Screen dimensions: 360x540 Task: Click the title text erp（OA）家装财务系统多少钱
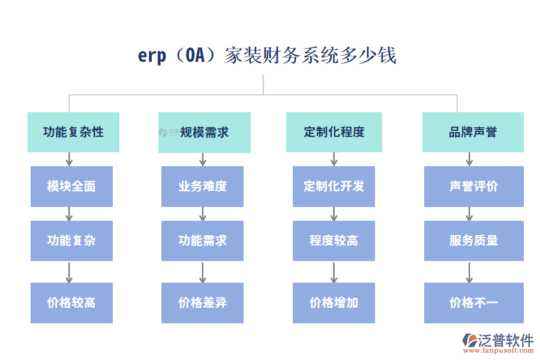point(267,56)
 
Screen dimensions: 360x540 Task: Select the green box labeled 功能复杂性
point(73,132)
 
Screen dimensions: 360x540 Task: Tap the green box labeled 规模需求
point(204,132)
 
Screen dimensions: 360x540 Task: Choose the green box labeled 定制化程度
point(334,132)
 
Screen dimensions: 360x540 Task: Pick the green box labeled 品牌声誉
point(473,132)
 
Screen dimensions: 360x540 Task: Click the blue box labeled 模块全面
point(71,187)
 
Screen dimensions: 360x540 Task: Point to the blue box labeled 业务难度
point(202,187)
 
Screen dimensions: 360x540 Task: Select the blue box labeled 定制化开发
point(334,187)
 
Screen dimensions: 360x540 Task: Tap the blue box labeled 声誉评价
point(473,187)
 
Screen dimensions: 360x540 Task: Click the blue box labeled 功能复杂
point(71,241)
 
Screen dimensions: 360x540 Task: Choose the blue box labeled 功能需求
point(202,241)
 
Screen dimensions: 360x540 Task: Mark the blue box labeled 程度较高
point(334,241)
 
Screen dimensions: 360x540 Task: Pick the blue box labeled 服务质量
point(473,241)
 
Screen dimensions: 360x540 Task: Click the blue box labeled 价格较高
point(71,303)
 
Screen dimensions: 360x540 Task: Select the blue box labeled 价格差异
point(202,303)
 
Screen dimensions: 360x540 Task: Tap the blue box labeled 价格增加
point(334,303)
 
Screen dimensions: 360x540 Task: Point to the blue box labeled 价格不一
point(473,303)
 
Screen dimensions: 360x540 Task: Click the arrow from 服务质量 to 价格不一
point(469,272)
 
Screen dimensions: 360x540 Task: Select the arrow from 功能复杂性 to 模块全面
point(69,159)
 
